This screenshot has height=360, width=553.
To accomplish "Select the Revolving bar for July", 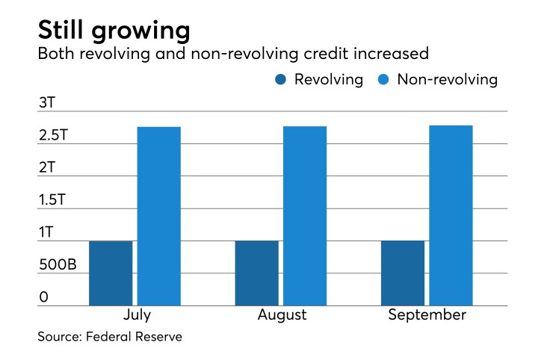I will coord(111,273).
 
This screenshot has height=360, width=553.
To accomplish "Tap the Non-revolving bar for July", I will coord(159,216).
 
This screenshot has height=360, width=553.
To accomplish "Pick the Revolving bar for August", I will coord(256,273).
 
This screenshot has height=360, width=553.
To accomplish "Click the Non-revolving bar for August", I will coord(305,216).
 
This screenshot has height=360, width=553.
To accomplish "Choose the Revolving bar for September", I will coord(403,273).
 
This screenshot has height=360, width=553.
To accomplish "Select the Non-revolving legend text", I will coord(447,80).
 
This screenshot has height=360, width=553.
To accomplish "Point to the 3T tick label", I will coord(47,102).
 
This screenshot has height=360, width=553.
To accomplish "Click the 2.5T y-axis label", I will coord(55,135).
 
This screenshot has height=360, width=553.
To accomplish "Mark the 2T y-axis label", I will coord(47,167).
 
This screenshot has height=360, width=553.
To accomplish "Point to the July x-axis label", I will coord(135,315).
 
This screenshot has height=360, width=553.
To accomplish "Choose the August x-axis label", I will coord(282,315).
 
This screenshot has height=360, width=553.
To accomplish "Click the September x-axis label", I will coord(427,315).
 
